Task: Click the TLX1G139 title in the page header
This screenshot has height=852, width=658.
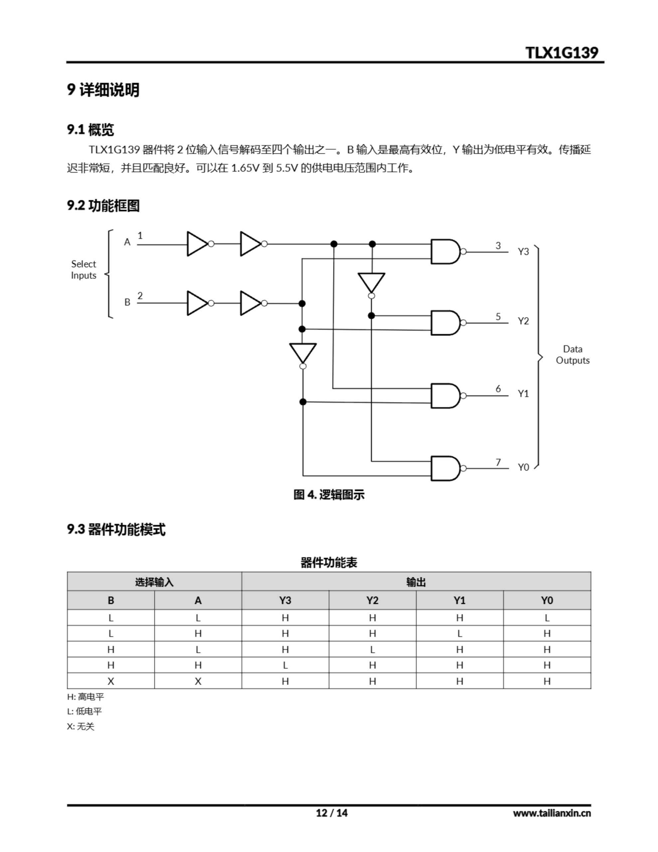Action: (561, 53)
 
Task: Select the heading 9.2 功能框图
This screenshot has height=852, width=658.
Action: (103, 205)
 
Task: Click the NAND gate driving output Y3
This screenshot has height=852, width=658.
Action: (445, 252)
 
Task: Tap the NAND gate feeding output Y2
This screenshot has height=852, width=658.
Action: (445, 322)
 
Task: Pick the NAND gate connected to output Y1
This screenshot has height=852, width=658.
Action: (445, 396)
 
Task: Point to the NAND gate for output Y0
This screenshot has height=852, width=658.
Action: (445, 468)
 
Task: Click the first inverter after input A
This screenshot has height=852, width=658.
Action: (198, 244)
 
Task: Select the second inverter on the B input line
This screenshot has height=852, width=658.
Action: (251, 303)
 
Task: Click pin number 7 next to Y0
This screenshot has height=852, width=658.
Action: (498, 462)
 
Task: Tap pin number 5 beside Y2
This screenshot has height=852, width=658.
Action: (498, 317)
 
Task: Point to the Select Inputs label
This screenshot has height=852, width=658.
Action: (83, 270)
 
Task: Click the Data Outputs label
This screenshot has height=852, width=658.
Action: (572, 354)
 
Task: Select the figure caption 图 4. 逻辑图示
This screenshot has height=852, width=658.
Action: (329, 495)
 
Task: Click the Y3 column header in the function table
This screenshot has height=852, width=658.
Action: (285, 600)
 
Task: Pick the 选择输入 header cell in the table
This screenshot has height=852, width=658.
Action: (154, 582)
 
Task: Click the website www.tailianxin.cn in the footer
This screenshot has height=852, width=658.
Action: (552, 813)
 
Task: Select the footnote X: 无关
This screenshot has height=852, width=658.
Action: (81, 726)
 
